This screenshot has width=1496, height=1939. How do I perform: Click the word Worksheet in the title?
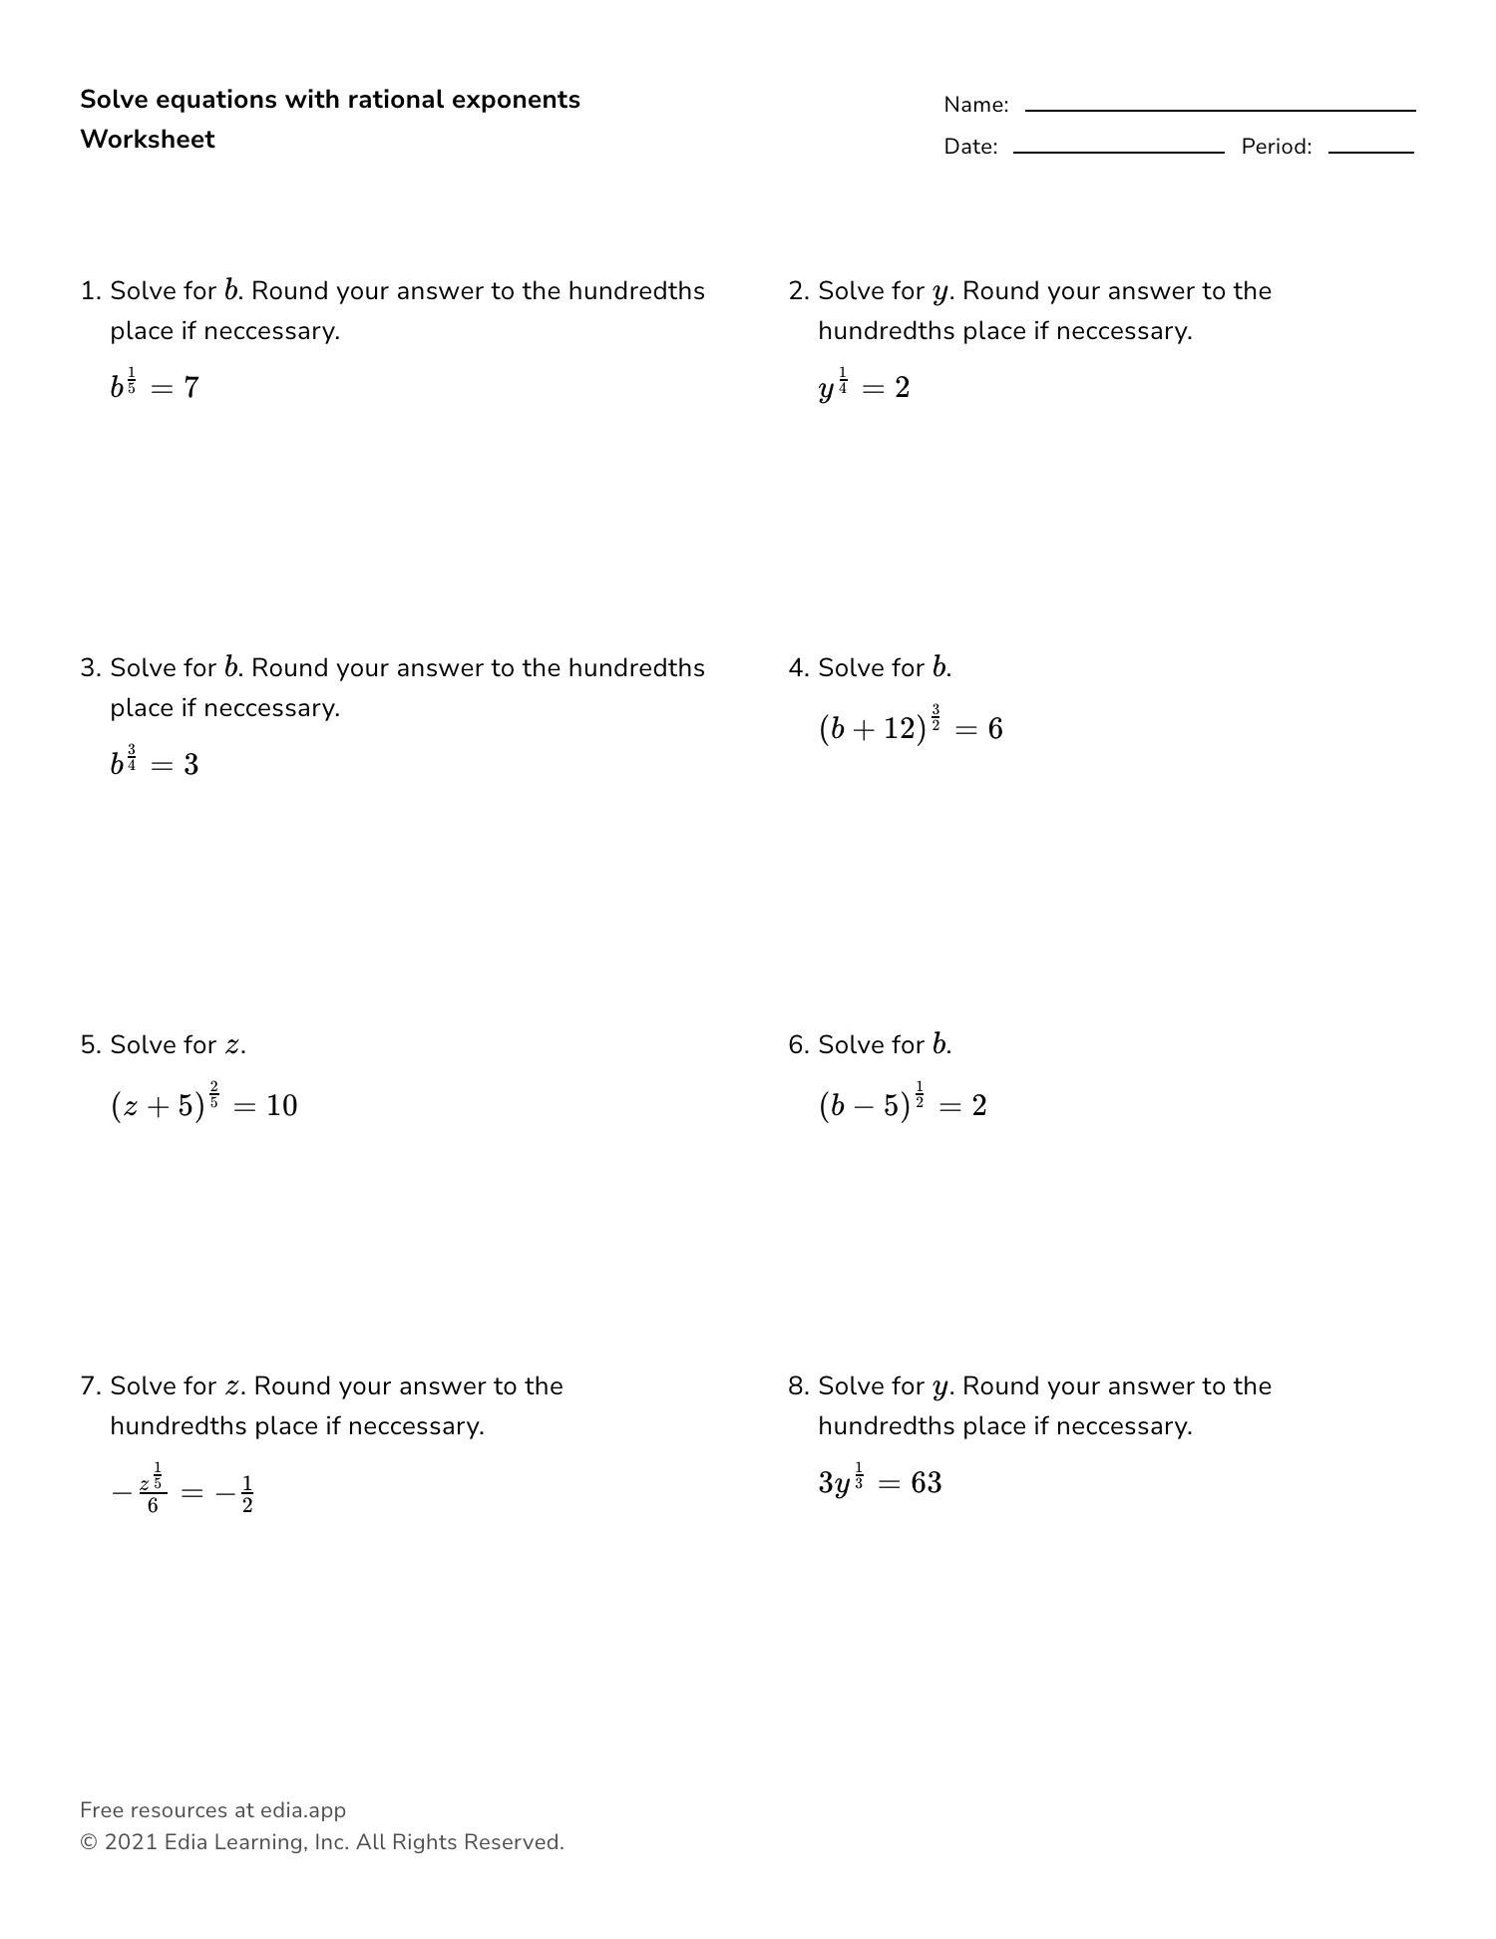pos(147,140)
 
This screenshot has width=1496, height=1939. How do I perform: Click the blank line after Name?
pos(1220,110)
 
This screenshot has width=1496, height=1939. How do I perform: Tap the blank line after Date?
pos(1118,152)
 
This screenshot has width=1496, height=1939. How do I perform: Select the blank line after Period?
pos(1370,152)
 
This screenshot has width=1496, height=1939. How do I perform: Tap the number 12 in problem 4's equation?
pos(899,729)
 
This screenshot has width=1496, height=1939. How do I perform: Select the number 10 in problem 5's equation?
pos(282,1106)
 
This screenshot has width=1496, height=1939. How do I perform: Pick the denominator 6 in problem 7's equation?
pos(153,1505)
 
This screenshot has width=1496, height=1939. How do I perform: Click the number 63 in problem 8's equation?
pos(926,1483)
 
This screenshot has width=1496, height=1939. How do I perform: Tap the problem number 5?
pos(89,1045)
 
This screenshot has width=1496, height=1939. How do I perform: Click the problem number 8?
pos(797,1386)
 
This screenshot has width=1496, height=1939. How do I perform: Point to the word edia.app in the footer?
pos(302,1810)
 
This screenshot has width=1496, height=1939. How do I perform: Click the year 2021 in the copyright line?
pos(131,1842)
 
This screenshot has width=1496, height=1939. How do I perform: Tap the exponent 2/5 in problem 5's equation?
pos(214,1093)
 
